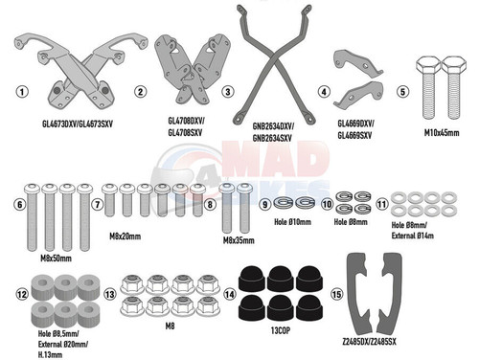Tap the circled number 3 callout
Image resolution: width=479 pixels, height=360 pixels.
pyautogui.click(x=227, y=92)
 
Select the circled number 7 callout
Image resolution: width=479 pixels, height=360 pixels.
pyautogui.click(x=97, y=204)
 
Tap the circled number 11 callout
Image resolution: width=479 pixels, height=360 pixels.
pyautogui.click(x=381, y=204)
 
